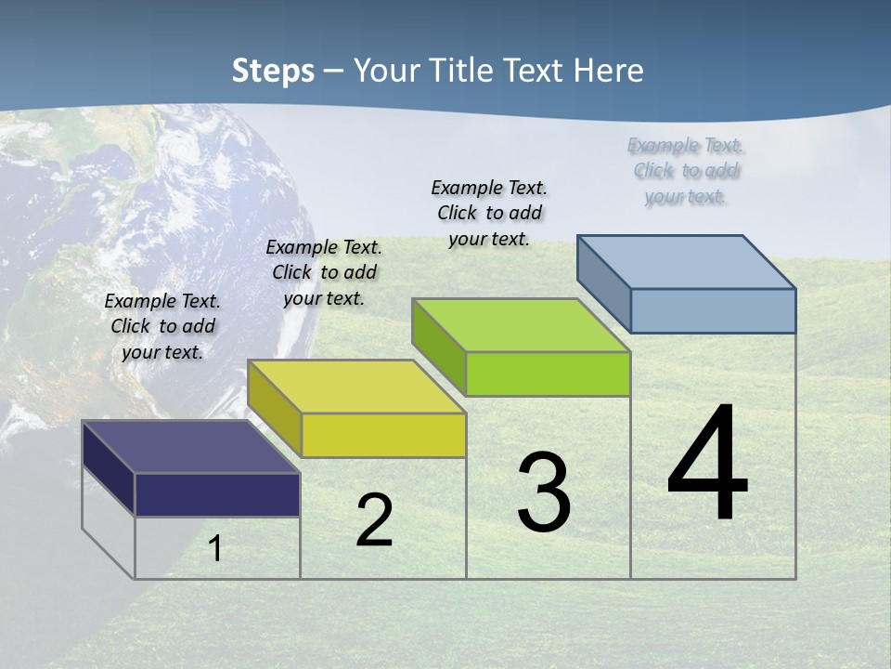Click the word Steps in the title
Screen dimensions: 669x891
click(x=273, y=71)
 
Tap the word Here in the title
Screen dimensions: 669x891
click(x=609, y=71)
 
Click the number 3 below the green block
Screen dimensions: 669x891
click(x=544, y=492)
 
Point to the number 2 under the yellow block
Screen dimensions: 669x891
click(x=375, y=520)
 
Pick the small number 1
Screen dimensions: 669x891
click(x=215, y=548)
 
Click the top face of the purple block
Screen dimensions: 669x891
click(x=190, y=447)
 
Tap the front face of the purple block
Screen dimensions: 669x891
click(x=217, y=494)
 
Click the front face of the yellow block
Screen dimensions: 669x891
click(x=383, y=435)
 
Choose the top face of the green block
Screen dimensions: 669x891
click(x=521, y=325)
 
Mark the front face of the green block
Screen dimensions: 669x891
click(x=548, y=374)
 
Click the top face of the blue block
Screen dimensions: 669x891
click(x=686, y=262)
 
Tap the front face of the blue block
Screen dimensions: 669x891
click(x=713, y=310)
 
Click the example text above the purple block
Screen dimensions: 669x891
click(x=162, y=326)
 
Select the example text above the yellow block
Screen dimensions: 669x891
click(x=324, y=272)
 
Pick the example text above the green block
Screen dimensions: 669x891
click(x=489, y=213)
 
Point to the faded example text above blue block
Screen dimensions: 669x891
click(x=686, y=170)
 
